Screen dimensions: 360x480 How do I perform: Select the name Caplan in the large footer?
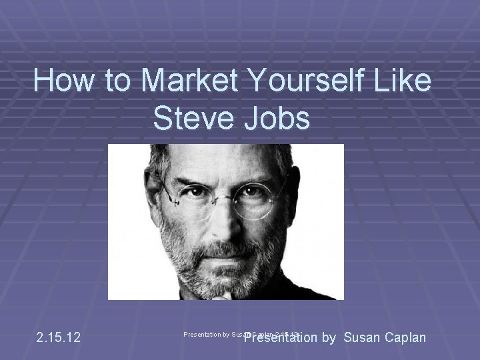pos(406,337)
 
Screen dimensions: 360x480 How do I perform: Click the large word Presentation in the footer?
pos(280,337)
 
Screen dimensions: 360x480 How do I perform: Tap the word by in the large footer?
pos(329,337)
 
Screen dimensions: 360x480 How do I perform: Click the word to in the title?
pos(118,82)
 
